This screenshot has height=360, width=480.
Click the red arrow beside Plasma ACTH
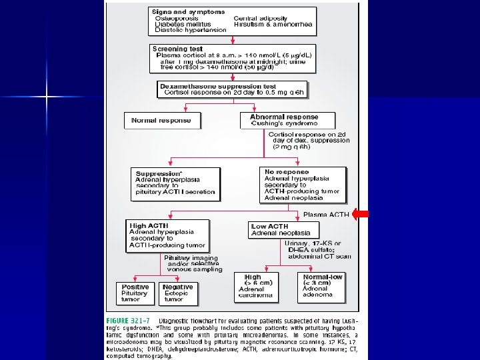(360, 214)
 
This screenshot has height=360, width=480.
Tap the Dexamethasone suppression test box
(233, 89)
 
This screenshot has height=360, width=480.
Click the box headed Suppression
(176, 183)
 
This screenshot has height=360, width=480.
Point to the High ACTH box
(168, 236)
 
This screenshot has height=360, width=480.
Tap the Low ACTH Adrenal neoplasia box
(281, 230)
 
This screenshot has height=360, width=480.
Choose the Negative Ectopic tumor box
(179, 293)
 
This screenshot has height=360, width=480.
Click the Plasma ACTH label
(326, 215)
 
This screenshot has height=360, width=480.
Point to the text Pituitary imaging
(191, 258)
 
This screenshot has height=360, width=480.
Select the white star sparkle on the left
(47, 98)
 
